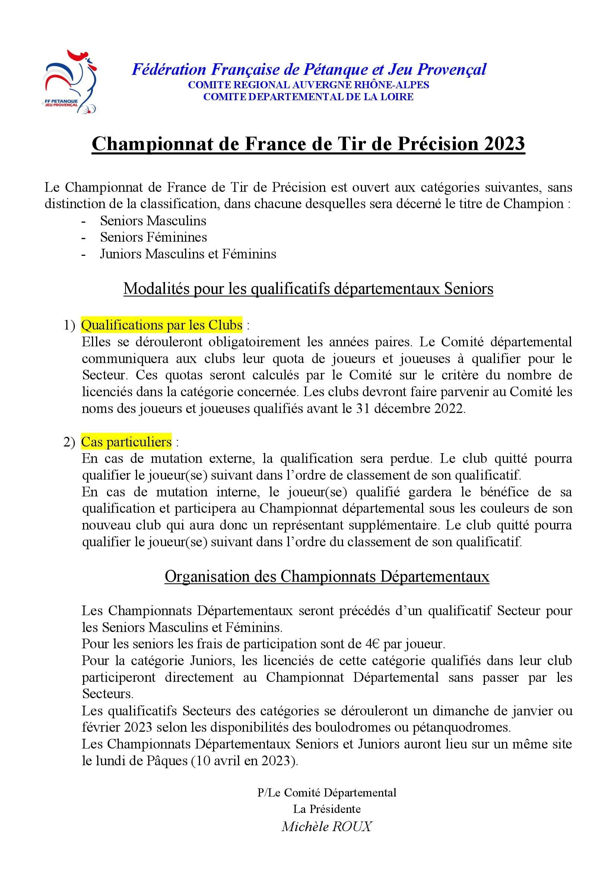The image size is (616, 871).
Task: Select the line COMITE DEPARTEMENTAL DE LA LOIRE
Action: tap(308, 97)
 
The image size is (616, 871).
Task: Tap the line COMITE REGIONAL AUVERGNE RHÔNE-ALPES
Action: tap(308, 85)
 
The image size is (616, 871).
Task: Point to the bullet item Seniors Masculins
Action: tap(153, 220)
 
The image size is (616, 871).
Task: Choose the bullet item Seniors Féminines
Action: tap(153, 237)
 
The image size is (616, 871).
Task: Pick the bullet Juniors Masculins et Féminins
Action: tap(188, 254)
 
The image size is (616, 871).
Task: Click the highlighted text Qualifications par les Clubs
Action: tap(162, 325)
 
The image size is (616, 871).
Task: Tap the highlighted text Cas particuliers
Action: tap(126, 442)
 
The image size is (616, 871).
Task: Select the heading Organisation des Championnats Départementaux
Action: tap(327, 576)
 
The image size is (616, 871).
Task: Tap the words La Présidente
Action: tap(327, 809)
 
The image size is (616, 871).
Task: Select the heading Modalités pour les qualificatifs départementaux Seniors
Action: tap(308, 289)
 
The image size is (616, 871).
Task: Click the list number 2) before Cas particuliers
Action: tap(69, 442)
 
